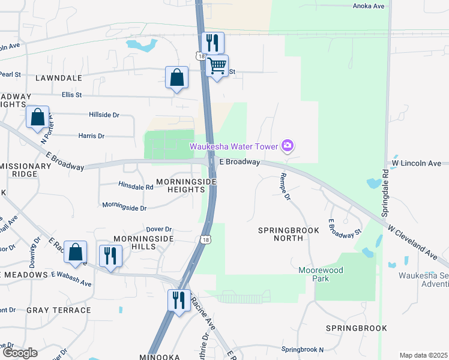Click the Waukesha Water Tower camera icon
coord(288,146)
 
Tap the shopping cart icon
coord(217,66)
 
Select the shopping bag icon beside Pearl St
coord(176,77)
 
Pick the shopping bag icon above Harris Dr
coord(37,118)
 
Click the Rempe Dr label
coord(285,187)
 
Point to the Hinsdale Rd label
coord(136,187)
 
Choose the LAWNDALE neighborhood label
coord(58,78)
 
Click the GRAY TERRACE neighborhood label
coord(58,310)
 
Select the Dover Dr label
coord(159,229)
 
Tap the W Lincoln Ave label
coord(416,163)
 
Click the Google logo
coord(20,353)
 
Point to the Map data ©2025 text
coord(423,355)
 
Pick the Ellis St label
coord(71,95)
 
